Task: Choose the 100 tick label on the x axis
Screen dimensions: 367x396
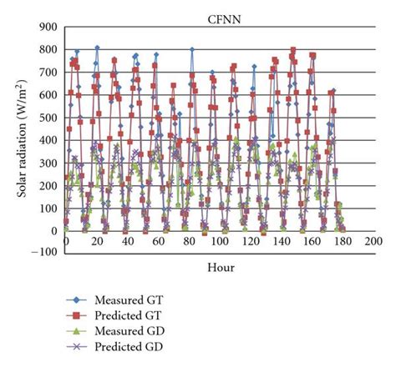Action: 220,242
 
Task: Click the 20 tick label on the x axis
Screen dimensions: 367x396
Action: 96,242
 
